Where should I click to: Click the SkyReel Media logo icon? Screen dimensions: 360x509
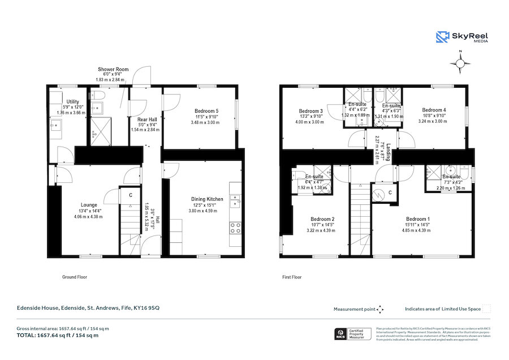pos(442,37)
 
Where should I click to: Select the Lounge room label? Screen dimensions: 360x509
pos(88,205)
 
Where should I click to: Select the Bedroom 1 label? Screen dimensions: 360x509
pos(418,218)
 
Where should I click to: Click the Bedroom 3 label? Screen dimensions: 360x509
pos(310,111)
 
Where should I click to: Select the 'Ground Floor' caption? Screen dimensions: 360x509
pos(74,277)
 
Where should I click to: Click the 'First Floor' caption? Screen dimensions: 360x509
pos(292,277)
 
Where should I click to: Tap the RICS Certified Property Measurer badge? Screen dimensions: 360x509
pos(353,334)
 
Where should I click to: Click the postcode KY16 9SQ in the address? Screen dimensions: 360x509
pos(146,308)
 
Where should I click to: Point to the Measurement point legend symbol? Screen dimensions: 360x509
pos(381,309)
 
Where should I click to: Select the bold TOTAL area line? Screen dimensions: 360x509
pos(57,335)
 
